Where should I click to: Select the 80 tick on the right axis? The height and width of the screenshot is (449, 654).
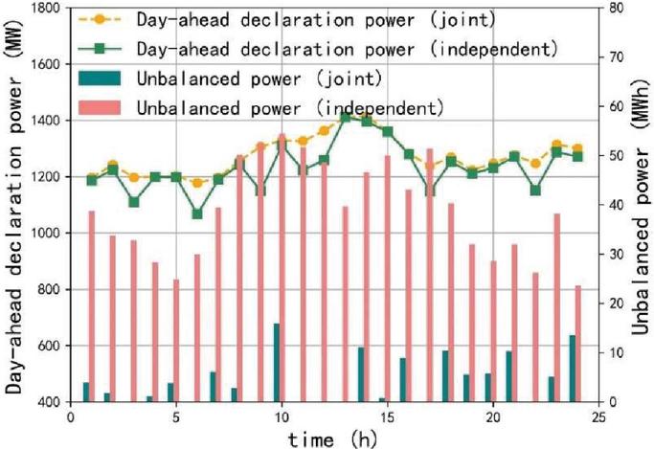(615, 8)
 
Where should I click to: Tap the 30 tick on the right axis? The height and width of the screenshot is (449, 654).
(615, 254)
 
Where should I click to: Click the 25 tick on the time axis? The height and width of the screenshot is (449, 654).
(598, 416)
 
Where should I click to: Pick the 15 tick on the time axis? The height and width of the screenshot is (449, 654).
(387, 416)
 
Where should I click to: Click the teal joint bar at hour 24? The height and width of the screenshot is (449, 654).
(573, 369)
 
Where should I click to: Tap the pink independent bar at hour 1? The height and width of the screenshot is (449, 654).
(92, 306)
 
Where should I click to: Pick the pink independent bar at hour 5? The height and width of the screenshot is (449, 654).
(176, 340)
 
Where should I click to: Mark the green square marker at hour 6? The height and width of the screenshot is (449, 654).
(197, 213)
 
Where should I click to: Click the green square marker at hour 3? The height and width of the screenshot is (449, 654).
(134, 202)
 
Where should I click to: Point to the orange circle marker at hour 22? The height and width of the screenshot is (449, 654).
(535, 164)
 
